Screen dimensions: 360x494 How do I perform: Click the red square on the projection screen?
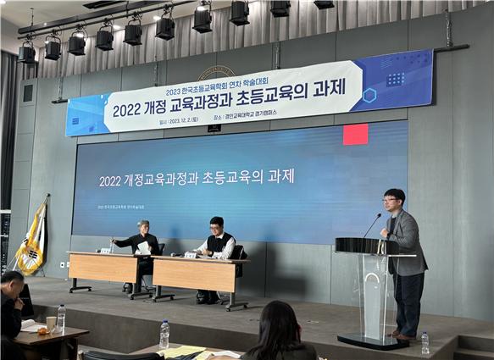click(x=355, y=134)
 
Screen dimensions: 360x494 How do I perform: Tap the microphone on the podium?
click(x=372, y=224)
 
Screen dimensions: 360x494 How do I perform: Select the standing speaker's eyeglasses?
click(x=392, y=202)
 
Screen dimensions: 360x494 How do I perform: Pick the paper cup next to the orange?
click(x=52, y=324)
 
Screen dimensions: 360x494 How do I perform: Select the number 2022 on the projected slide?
click(x=111, y=180)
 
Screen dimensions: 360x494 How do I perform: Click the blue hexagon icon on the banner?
click(x=369, y=95)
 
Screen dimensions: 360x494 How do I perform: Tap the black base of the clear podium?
click(x=374, y=340)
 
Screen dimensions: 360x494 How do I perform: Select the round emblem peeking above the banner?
click(x=217, y=71)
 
